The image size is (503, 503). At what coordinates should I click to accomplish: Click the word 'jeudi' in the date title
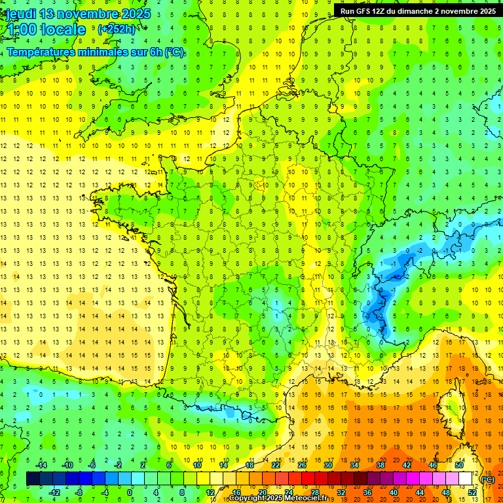[x=19, y=14]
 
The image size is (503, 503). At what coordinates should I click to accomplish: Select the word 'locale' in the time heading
[x=62, y=29]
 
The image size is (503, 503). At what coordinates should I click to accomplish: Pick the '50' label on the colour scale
[x=458, y=465]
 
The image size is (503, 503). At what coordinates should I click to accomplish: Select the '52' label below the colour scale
[x=472, y=493]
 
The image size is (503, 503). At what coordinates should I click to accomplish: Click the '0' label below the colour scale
[x=130, y=493]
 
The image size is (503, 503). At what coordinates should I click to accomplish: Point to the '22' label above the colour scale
[x=276, y=465]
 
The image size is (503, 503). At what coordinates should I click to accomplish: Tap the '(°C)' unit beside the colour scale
[x=488, y=479]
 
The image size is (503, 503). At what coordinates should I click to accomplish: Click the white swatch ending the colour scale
[x=466, y=479]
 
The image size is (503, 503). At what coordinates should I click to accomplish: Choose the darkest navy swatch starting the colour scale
[x=32, y=479]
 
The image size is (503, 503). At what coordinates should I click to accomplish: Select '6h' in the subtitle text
[x=154, y=52]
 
